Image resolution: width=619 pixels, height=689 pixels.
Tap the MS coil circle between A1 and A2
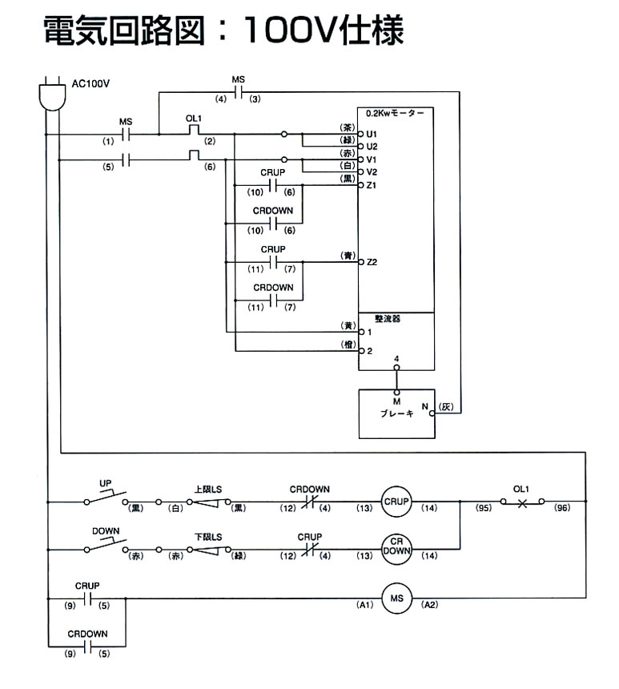(x=395, y=598)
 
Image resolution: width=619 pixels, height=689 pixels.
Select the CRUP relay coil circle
(x=395, y=502)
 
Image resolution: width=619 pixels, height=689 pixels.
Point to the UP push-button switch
(x=106, y=498)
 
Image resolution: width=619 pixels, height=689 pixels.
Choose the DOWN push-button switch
(x=106, y=545)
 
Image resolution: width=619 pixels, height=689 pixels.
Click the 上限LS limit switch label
(x=209, y=489)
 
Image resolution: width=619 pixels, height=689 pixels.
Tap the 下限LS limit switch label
(x=209, y=536)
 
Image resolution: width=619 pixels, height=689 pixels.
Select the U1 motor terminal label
(x=372, y=133)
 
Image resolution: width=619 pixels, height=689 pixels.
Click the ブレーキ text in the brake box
(x=396, y=414)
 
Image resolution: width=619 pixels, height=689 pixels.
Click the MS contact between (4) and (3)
(x=238, y=91)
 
